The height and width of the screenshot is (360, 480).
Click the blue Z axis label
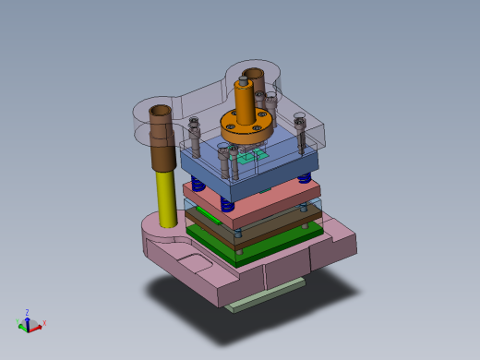pos(28,313)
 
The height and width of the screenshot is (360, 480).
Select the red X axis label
pos(44,322)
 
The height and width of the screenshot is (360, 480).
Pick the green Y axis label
pos(19,321)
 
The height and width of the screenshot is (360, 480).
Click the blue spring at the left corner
pos(195,182)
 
